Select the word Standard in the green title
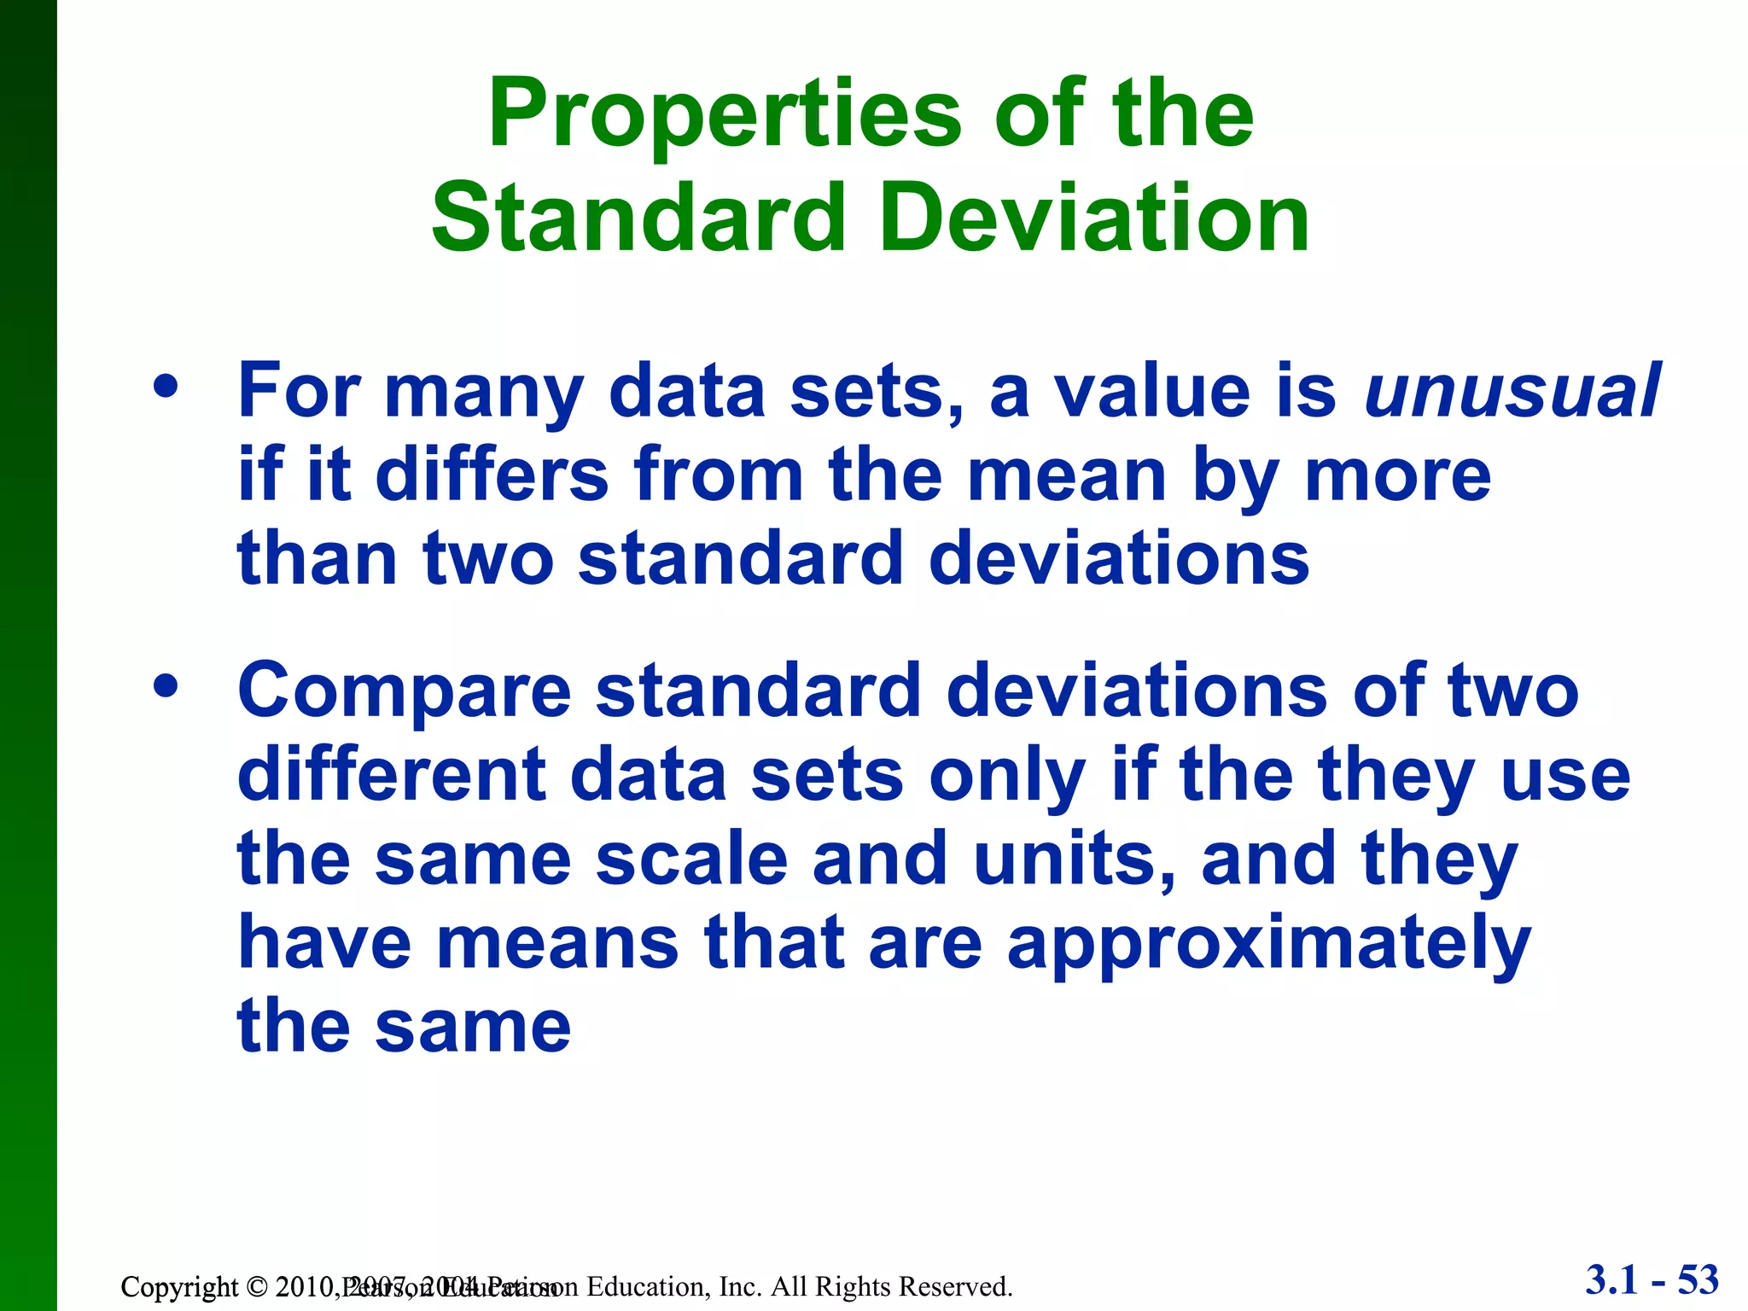tap(638, 219)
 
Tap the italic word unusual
tap(1512, 392)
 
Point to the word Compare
tap(404, 691)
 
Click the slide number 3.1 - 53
tap(1652, 1280)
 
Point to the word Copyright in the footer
tap(179, 1286)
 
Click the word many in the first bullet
tap(483, 392)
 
